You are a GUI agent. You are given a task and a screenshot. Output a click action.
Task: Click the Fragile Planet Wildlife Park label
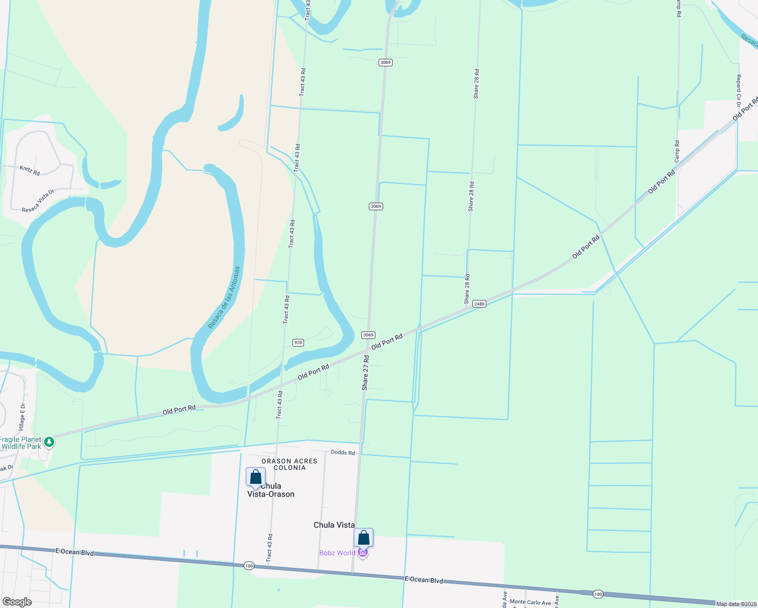click(21, 443)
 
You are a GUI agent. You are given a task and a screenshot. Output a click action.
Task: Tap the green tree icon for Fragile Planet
click(49, 442)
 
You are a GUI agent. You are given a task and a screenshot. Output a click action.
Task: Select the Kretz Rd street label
click(30, 170)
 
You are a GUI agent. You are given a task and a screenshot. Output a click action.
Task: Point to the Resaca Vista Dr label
click(38, 201)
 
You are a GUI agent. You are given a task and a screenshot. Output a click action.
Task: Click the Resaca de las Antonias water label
click(224, 297)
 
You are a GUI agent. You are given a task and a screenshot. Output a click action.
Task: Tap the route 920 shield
click(298, 343)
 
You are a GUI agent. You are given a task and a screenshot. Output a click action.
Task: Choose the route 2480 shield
click(479, 303)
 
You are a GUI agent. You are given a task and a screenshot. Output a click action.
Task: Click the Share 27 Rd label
click(365, 372)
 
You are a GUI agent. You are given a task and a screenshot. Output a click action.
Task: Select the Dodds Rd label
click(343, 452)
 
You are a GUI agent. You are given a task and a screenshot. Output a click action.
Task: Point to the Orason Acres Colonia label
click(289, 464)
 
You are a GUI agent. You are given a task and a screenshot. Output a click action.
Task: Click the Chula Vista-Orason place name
click(271, 490)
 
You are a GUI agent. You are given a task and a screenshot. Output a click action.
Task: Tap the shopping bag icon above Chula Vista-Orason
click(255, 477)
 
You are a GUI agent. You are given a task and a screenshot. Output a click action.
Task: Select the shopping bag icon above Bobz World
click(363, 538)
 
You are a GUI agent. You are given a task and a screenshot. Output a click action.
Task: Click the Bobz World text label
click(337, 553)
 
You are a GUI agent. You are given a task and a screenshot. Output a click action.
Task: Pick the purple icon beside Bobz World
click(362, 553)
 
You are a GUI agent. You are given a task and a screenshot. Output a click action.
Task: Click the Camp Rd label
click(677, 151)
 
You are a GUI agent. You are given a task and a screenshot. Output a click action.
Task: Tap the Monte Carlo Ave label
click(530, 602)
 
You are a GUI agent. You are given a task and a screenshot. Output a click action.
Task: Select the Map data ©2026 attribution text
click(736, 603)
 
